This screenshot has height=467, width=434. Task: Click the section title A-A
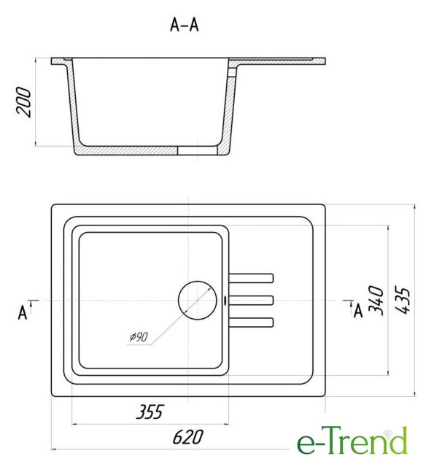click(x=184, y=25)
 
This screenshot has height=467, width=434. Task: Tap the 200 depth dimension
click(x=24, y=102)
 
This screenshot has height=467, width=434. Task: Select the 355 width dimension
click(x=150, y=412)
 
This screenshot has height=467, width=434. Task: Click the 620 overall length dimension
click(x=188, y=437)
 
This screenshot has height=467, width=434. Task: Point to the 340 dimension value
click(x=376, y=300)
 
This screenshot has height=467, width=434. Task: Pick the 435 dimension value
click(x=403, y=300)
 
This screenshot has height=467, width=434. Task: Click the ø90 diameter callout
click(x=139, y=337)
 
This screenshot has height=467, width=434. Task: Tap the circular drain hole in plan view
click(x=198, y=300)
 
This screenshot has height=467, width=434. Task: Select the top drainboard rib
click(x=251, y=278)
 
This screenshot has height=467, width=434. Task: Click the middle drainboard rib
click(x=251, y=300)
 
